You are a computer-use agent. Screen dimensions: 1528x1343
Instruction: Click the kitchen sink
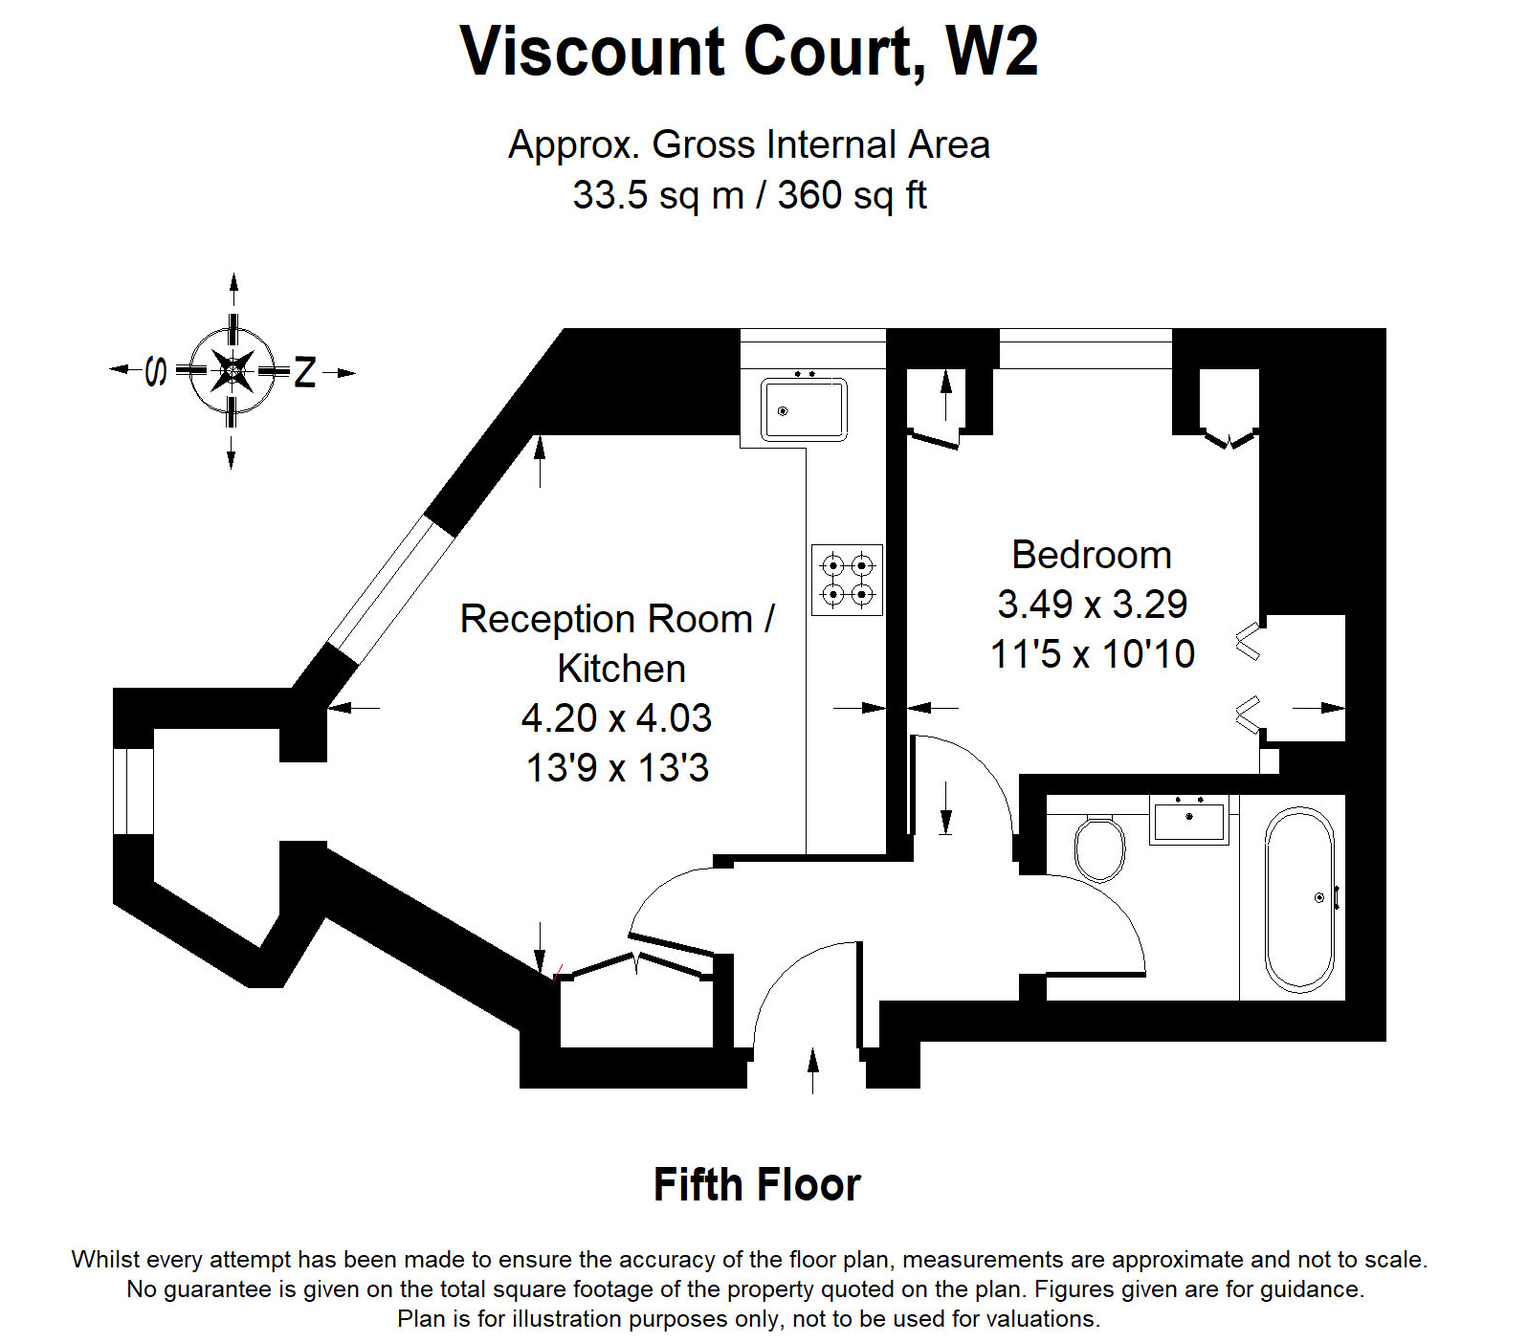(x=804, y=409)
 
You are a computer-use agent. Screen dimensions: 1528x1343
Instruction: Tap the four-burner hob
(x=847, y=580)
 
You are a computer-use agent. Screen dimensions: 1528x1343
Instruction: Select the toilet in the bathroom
(x=1099, y=848)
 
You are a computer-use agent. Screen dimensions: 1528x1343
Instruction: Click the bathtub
(x=1298, y=899)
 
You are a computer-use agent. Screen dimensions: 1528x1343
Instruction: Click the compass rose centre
(x=233, y=370)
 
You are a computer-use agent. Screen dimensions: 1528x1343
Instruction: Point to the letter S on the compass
(x=156, y=370)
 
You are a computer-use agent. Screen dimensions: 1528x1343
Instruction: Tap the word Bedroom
(x=1092, y=555)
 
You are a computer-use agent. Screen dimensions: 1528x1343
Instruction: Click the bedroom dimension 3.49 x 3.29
(x=1092, y=605)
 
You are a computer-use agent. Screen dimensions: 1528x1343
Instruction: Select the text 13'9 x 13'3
(x=618, y=768)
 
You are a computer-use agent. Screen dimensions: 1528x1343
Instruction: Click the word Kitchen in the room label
(x=621, y=669)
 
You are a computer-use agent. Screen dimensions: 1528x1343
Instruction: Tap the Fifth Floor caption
(x=757, y=1185)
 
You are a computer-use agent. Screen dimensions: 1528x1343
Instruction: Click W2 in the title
(x=991, y=52)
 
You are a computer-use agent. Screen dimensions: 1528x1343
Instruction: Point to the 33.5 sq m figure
(x=658, y=195)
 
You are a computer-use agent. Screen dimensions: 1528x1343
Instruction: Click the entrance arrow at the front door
(x=813, y=1069)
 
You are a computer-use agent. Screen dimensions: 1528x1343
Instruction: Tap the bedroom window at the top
(x=1085, y=349)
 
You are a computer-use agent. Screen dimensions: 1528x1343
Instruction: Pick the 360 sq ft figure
(x=852, y=195)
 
